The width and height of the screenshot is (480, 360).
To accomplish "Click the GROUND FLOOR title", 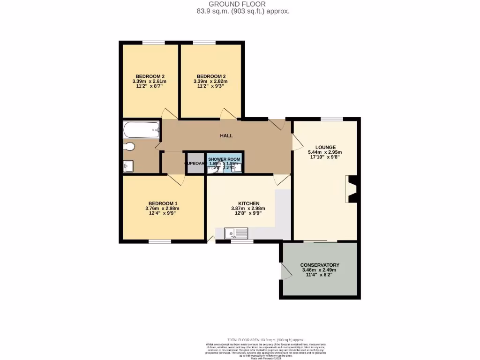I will click(x=243, y=4).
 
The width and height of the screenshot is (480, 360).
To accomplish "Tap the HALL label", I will click(x=226, y=136).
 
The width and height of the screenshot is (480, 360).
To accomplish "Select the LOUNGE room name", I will click(x=325, y=147).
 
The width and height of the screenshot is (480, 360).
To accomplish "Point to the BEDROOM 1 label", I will click(x=162, y=203).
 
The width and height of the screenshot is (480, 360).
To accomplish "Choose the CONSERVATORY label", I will click(x=320, y=265).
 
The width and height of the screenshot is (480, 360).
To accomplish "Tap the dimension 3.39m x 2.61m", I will click(x=150, y=82).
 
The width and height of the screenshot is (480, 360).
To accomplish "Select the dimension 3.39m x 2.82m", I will click(x=210, y=82).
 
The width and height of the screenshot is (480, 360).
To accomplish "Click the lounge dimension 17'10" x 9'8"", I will click(x=325, y=157).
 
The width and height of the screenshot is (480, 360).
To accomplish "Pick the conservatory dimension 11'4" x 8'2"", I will click(x=320, y=275).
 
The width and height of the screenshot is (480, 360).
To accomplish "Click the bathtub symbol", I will click(x=142, y=130).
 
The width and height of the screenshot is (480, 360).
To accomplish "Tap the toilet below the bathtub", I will click(x=129, y=147).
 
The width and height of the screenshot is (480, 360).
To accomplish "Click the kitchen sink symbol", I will click(x=236, y=232).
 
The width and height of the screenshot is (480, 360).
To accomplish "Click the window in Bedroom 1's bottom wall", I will click(x=160, y=241).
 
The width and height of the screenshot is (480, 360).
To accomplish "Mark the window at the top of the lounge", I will click(x=331, y=119).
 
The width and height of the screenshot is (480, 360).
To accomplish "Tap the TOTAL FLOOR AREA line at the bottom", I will click(x=265, y=339).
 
